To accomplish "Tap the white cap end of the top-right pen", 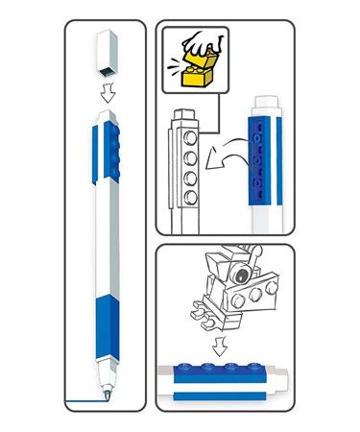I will pos(266,104).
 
